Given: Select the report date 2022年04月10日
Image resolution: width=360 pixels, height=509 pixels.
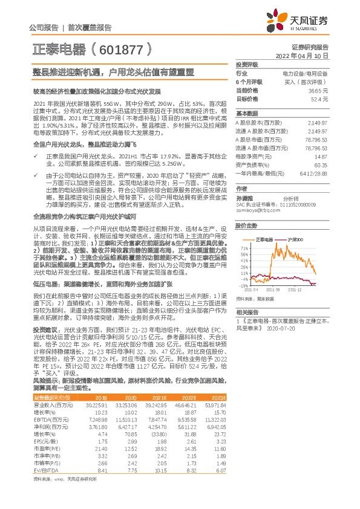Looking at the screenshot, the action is [x=302, y=56].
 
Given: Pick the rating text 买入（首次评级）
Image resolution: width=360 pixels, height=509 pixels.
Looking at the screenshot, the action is [x=306, y=82].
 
